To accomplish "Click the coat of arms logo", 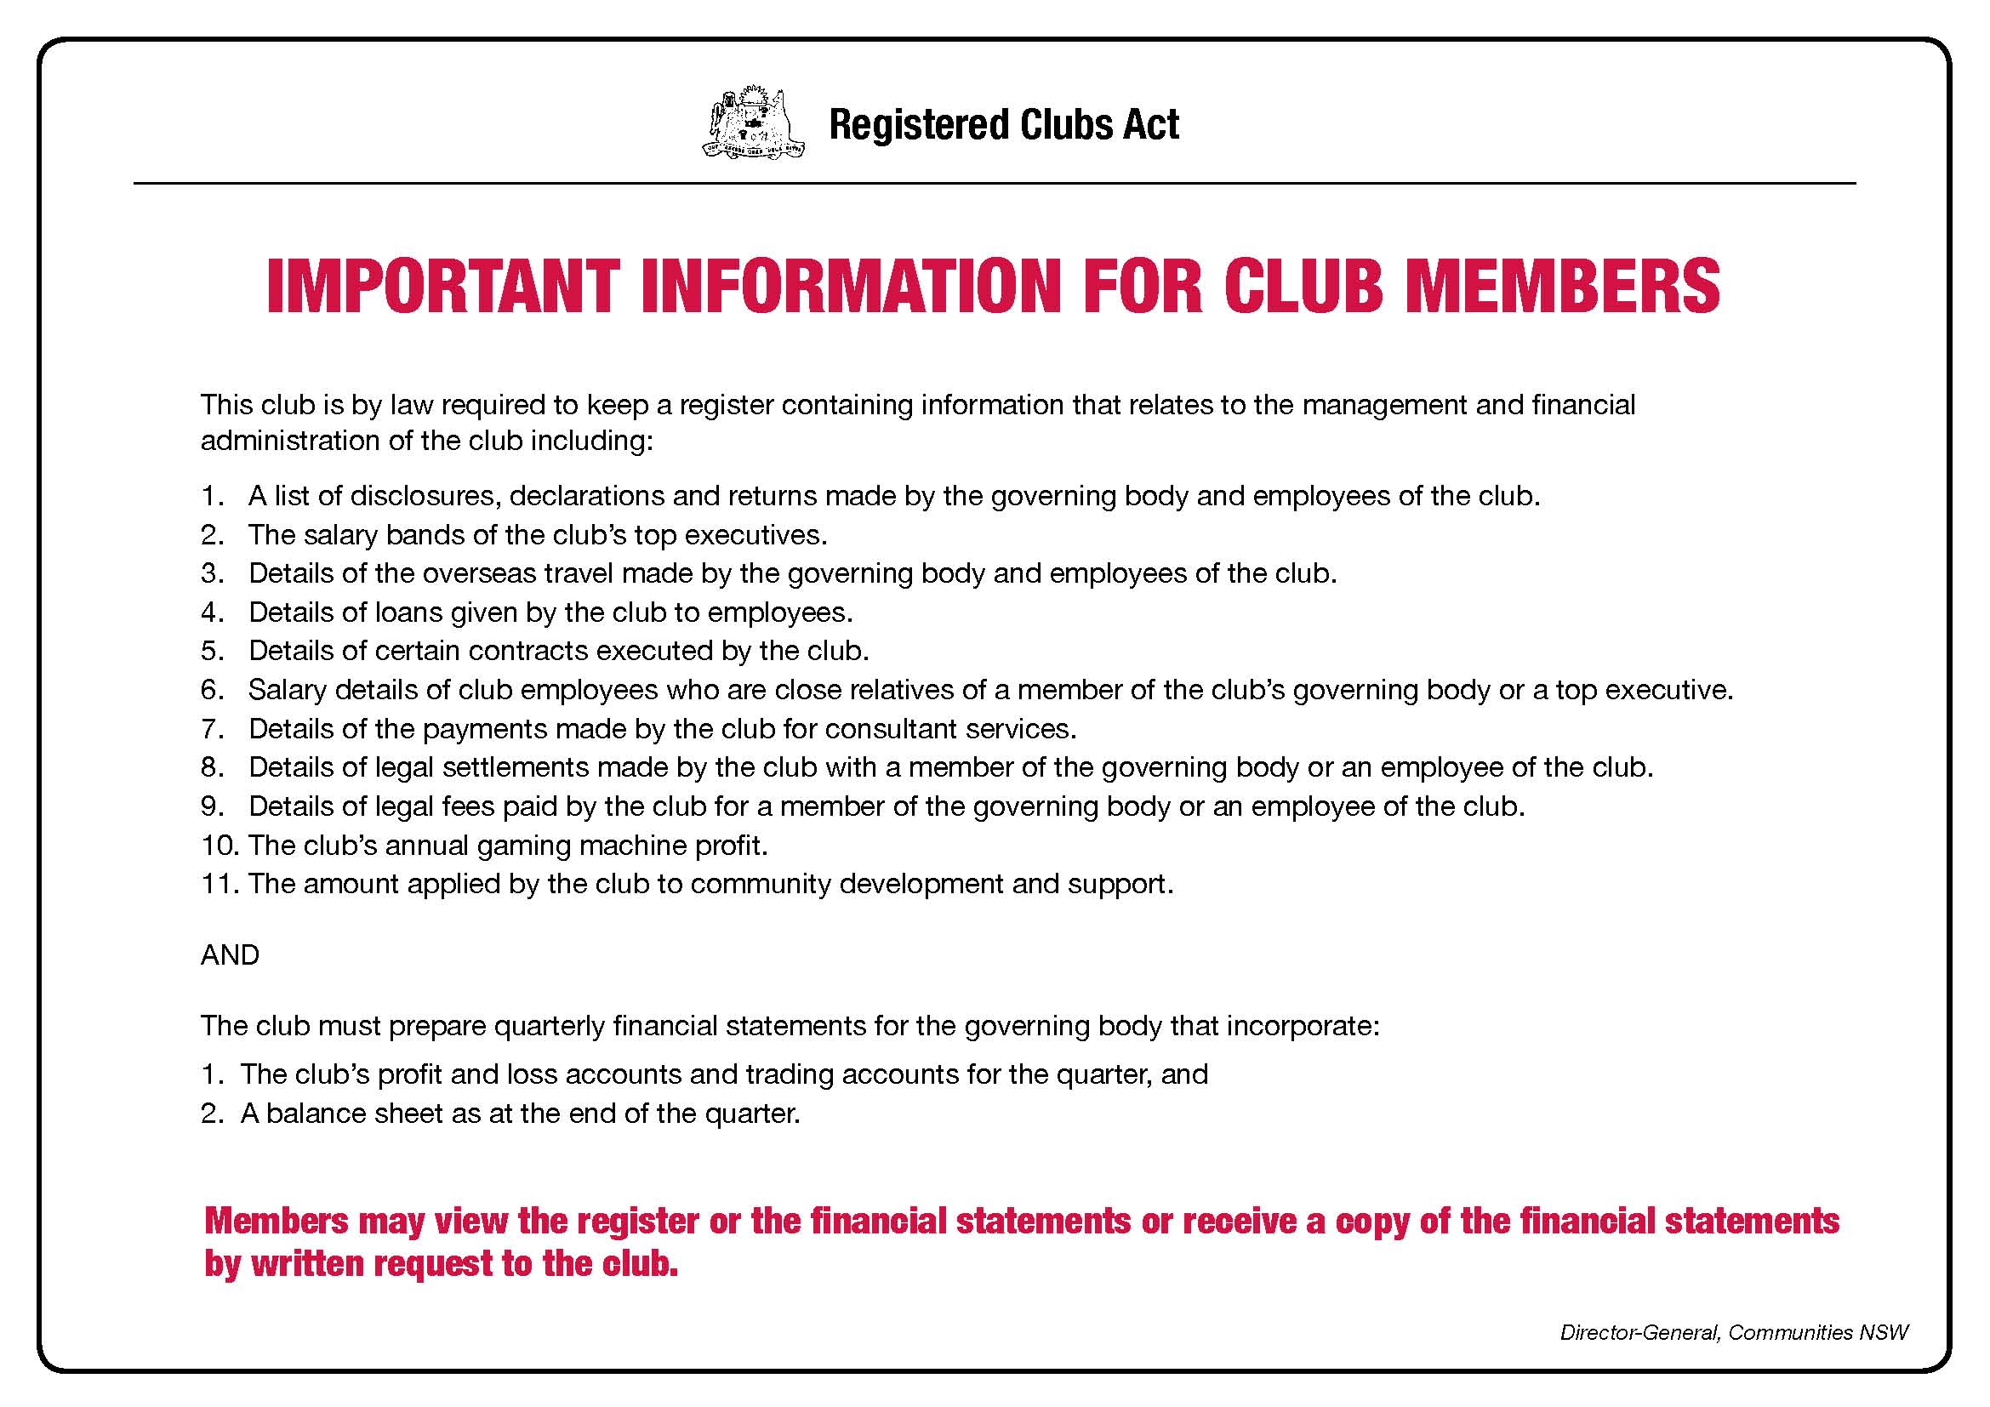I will click(x=753, y=122).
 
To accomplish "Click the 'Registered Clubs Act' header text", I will click(x=1004, y=125).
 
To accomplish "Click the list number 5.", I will click(x=212, y=651).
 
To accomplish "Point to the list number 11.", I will click(x=218, y=884).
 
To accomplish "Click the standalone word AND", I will click(x=230, y=954).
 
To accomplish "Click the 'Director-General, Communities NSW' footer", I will click(x=1733, y=1332).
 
